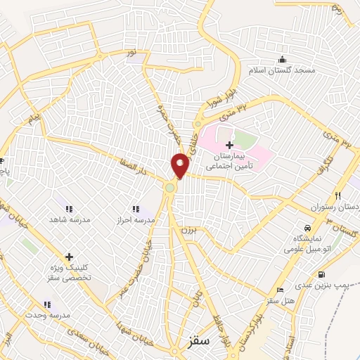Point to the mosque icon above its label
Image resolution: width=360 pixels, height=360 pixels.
(x=282, y=59)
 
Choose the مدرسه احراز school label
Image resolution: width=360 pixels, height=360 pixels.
(x=136, y=221)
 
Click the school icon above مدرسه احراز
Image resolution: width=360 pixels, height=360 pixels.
(x=136, y=209)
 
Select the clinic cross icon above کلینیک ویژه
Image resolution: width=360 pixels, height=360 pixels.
(x=69, y=257)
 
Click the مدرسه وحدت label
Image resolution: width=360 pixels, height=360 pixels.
(x=47, y=316)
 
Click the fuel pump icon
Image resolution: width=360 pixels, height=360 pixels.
(x=321, y=274)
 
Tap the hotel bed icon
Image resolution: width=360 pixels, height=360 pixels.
(x=281, y=289)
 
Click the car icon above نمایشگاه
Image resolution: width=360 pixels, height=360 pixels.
(x=308, y=228)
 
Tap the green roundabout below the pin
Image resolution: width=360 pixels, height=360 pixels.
(x=170, y=187)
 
